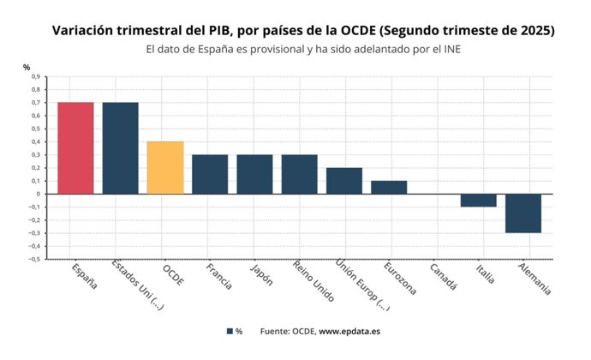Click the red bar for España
[75, 147]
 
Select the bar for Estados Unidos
[120, 147]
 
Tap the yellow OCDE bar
[165, 167]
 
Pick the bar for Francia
[210, 174]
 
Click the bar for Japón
[254, 174]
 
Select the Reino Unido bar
[299, 174]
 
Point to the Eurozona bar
[389, 187]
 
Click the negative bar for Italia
[478, 201]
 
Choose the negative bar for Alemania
[522, 213]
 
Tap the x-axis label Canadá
[443, 276]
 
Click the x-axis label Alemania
[534, 279]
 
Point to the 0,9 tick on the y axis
[35, 76]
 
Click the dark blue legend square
[230, 331]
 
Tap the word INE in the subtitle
[448, 49]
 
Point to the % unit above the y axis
[26, 66]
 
